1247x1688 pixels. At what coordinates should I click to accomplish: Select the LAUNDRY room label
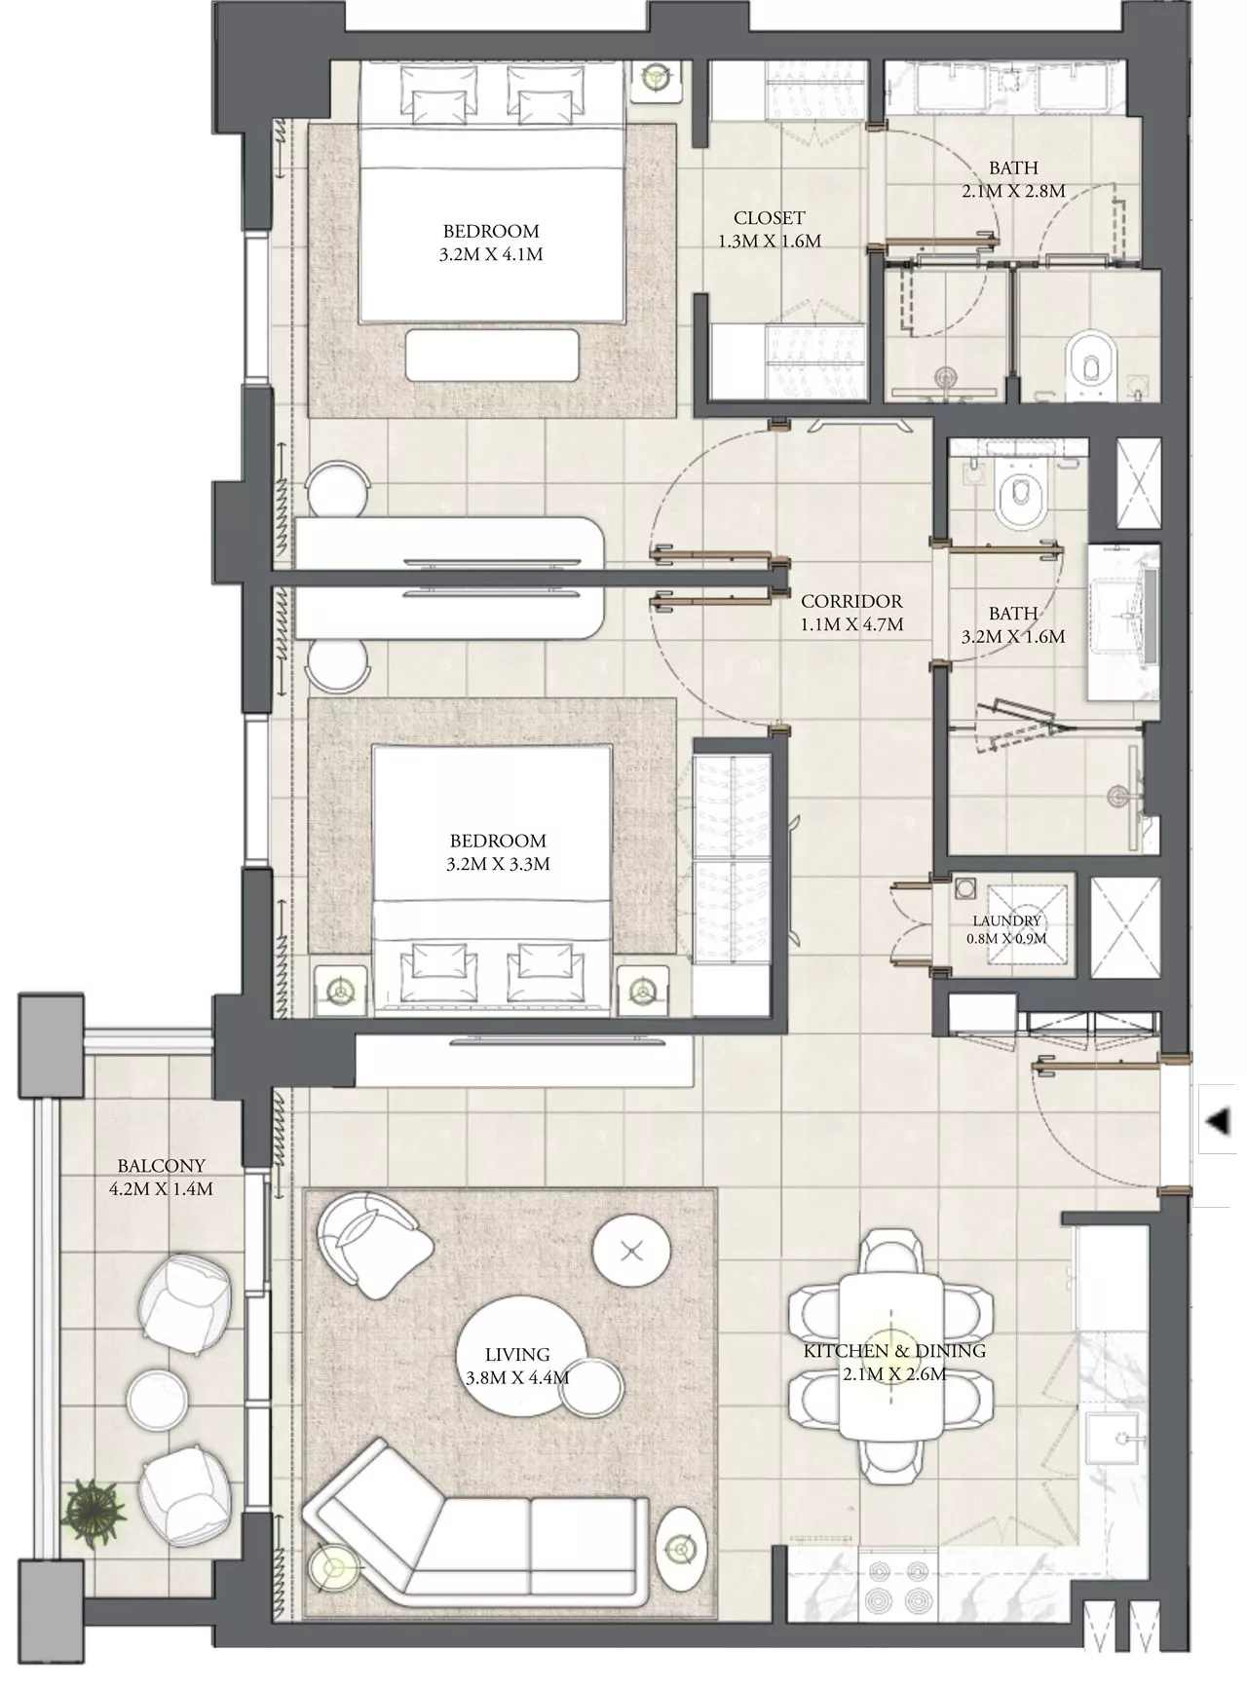pos(1006,920)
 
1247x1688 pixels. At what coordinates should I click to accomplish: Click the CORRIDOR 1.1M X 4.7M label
pos(851,613)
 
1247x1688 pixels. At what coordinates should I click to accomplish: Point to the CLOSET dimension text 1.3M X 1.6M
pos(770,241)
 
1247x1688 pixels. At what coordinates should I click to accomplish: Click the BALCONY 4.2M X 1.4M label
pos(162,1177)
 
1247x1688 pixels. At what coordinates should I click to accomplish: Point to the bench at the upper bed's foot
pos(493,355)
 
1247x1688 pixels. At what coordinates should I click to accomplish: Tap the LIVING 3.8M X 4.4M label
pos(517,1366)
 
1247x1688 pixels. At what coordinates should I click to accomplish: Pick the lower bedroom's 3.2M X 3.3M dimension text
pos(498,864)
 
